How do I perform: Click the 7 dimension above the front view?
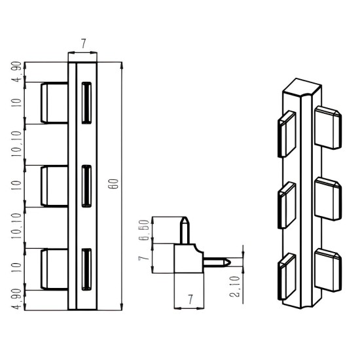[83, 43]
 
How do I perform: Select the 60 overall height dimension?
[113, 184]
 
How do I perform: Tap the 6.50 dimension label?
[145, 230]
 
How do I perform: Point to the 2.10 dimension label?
[234, 287]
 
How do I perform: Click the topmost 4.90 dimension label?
[17, 72]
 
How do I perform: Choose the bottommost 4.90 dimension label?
[17, 300]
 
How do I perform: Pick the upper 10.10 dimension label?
[16, 144]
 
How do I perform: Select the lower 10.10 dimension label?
[16, 226]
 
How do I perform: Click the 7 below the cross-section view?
[190, 299]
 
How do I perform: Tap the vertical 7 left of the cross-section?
[144, 258]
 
